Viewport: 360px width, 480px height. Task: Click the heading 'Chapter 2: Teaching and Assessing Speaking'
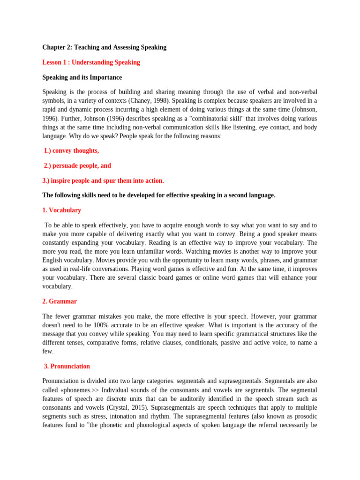coord(104,47)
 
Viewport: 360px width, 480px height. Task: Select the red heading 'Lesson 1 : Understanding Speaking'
coord(91,62)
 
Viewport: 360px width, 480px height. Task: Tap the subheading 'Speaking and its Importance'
coord(82,77)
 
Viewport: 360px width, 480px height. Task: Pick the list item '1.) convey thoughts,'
coord(71,150)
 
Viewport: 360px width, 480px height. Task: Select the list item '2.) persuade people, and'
coord(77,165)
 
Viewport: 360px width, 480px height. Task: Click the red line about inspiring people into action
coord(103,180)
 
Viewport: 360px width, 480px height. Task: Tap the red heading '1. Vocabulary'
coord(61,210)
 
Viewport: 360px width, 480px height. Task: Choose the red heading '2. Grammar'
coord(60,301)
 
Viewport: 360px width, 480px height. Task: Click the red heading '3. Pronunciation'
coord(67,366)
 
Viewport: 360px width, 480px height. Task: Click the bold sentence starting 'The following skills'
coord(158,195)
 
